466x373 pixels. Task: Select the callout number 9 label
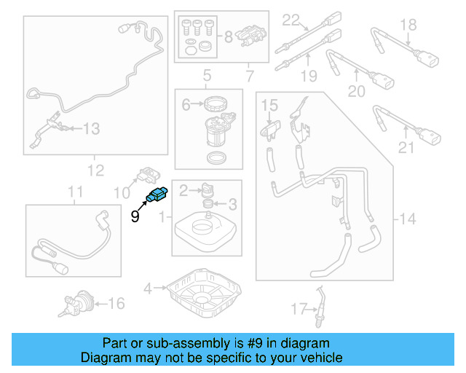click(x=135, y=216)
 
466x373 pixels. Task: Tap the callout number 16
click(x=116, y=303)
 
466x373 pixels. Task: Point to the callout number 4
click(x=147, y=288)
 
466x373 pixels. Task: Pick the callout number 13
click(x=90, y=129)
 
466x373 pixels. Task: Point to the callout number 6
click(x=186, y=105)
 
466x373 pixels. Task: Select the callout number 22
click(x=291, y=19)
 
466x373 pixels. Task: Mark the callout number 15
click(x=269, y=106)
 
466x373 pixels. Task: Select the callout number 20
click(x=356, y=91)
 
